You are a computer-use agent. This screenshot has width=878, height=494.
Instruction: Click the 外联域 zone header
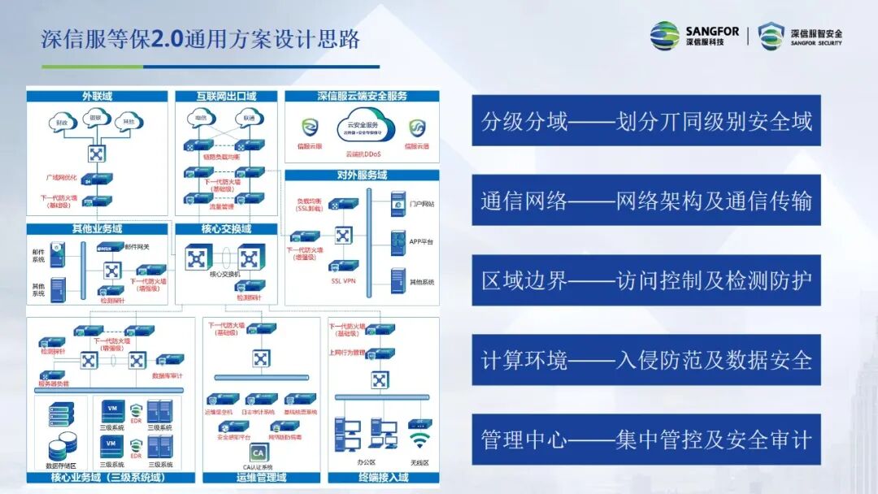[x=97, y=96]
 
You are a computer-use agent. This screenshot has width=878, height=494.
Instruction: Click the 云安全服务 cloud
[x=363, y=127]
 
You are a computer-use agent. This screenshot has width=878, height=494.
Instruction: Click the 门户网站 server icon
[x=398, y=203]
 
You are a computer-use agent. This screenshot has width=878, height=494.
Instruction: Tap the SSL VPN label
[x=344, y=281]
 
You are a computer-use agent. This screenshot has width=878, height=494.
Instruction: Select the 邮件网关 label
[x=136, y=246]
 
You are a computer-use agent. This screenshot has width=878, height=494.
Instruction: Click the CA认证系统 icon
[x=258, y=452]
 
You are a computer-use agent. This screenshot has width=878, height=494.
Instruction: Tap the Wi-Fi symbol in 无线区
[x=419, y=441]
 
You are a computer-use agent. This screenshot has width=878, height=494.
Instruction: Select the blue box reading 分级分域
[x=646, y=121]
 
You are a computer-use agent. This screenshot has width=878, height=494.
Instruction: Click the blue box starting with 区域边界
[x=646, y=281]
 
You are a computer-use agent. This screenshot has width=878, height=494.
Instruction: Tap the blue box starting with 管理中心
[x=646, y=440]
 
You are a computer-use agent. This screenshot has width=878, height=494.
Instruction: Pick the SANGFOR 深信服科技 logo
[x=694, y=36]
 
